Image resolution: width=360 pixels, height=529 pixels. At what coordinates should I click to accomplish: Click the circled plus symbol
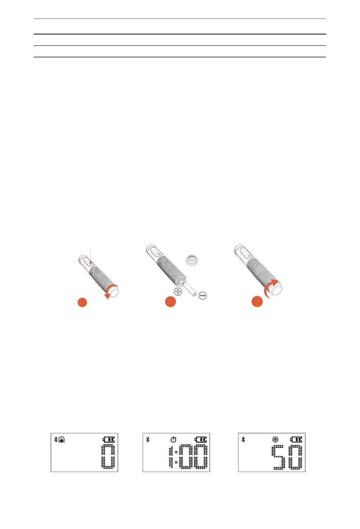pos(178,292)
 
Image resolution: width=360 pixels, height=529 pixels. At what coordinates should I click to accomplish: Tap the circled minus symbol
pos(203,295)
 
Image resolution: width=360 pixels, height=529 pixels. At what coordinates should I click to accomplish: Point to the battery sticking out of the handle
pos(191,289)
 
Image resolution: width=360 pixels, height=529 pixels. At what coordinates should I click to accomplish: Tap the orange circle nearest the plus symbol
pos(171,301)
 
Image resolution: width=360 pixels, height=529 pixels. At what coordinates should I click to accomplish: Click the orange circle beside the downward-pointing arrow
pos(82,302)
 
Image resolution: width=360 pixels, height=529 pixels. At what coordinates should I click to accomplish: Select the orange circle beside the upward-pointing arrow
pos(257,301)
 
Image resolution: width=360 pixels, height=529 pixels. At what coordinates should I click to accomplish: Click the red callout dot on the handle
pos(91,262)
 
